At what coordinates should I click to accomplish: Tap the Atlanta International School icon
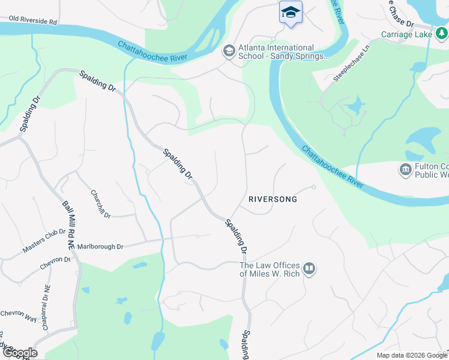(228, 51)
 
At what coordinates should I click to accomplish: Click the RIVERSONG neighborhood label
(273, 199)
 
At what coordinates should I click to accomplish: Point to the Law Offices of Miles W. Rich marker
(309, 268)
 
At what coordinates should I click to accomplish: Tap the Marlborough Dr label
(100, 247)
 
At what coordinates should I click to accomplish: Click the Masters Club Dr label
(44, 241)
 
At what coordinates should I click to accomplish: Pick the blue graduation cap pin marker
(291, 13)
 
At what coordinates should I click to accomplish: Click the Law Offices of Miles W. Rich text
(269, 269)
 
